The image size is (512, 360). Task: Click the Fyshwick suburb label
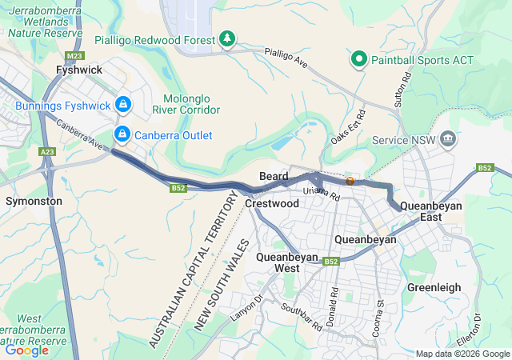[78, 70]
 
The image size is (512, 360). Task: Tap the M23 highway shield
[74, 56]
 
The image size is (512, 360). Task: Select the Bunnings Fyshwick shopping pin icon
[122, 105]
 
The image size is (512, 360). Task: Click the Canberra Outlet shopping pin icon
[122, 134]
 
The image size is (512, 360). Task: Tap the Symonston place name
[34, 201]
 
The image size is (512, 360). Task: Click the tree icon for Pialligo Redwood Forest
[228, 39]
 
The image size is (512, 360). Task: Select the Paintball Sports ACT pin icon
[359, 60]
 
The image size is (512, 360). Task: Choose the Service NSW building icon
[448, 140]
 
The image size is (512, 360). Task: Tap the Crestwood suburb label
[272, 204]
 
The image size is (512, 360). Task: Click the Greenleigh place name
[434, 286]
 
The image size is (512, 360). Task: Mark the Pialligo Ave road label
[287, 57]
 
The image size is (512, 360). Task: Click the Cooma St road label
[381, 314]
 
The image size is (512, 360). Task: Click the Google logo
[27, 350]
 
